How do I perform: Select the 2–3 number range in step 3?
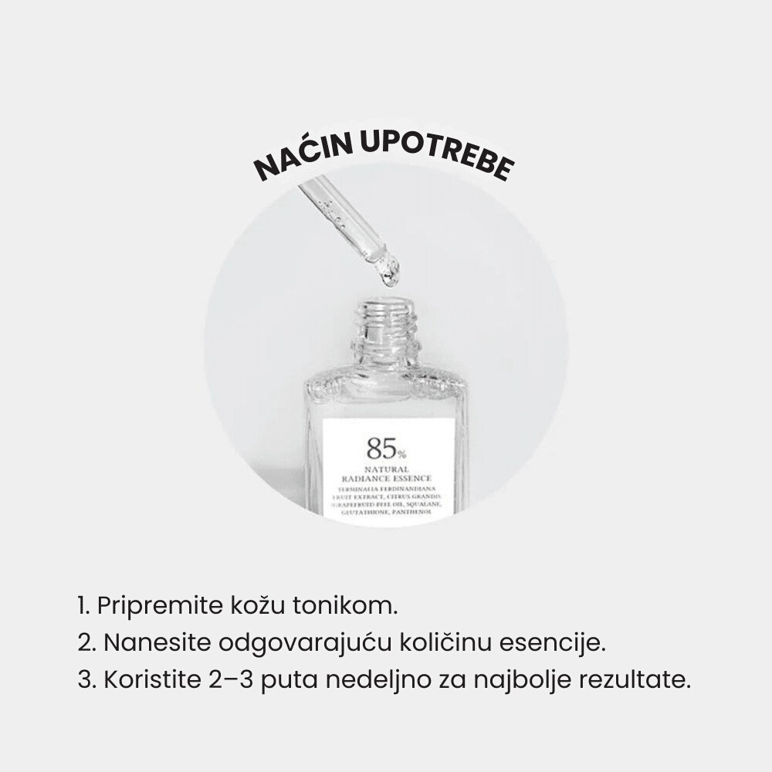pos(231,682)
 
